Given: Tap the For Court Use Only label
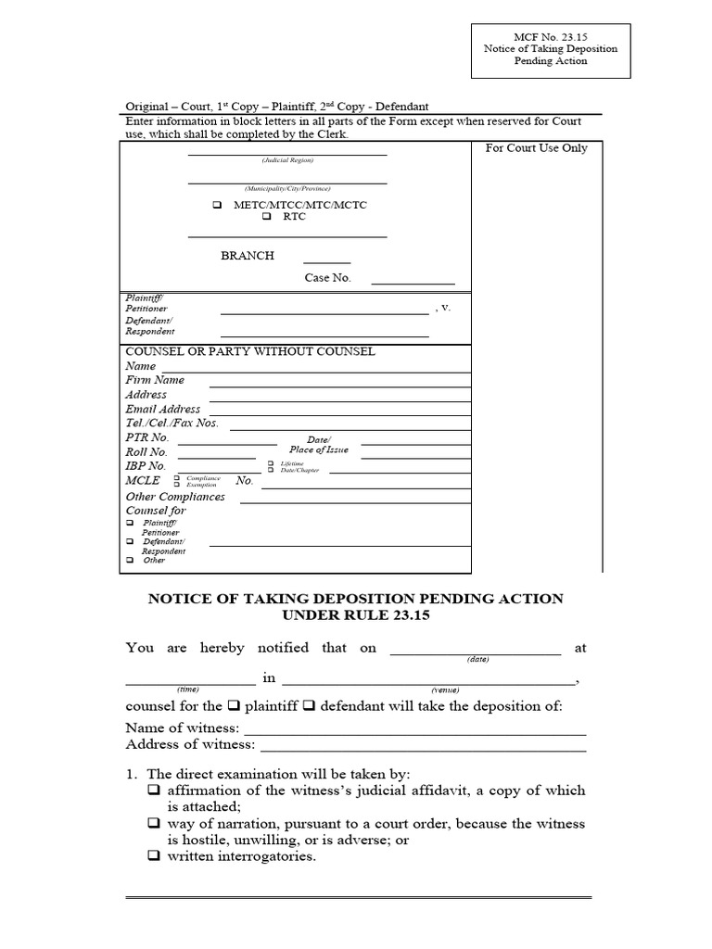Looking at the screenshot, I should (x=536, y=148).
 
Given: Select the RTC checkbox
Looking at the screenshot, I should (x=267, y=217).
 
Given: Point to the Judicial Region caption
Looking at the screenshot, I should (x=287, y=160).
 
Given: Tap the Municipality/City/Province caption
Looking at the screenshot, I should (x=287, y=186).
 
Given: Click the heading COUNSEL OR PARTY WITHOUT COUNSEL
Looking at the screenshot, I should (x=250, y=352).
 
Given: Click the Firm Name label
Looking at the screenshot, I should (x=155, y=380).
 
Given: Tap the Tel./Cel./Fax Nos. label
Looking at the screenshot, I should (x=172, y=424).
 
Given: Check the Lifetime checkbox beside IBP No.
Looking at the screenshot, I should (x=271, y=462).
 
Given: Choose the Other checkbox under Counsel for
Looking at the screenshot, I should (x=130, y=561).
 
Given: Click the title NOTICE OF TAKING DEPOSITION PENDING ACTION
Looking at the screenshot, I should (x=356, y=599).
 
